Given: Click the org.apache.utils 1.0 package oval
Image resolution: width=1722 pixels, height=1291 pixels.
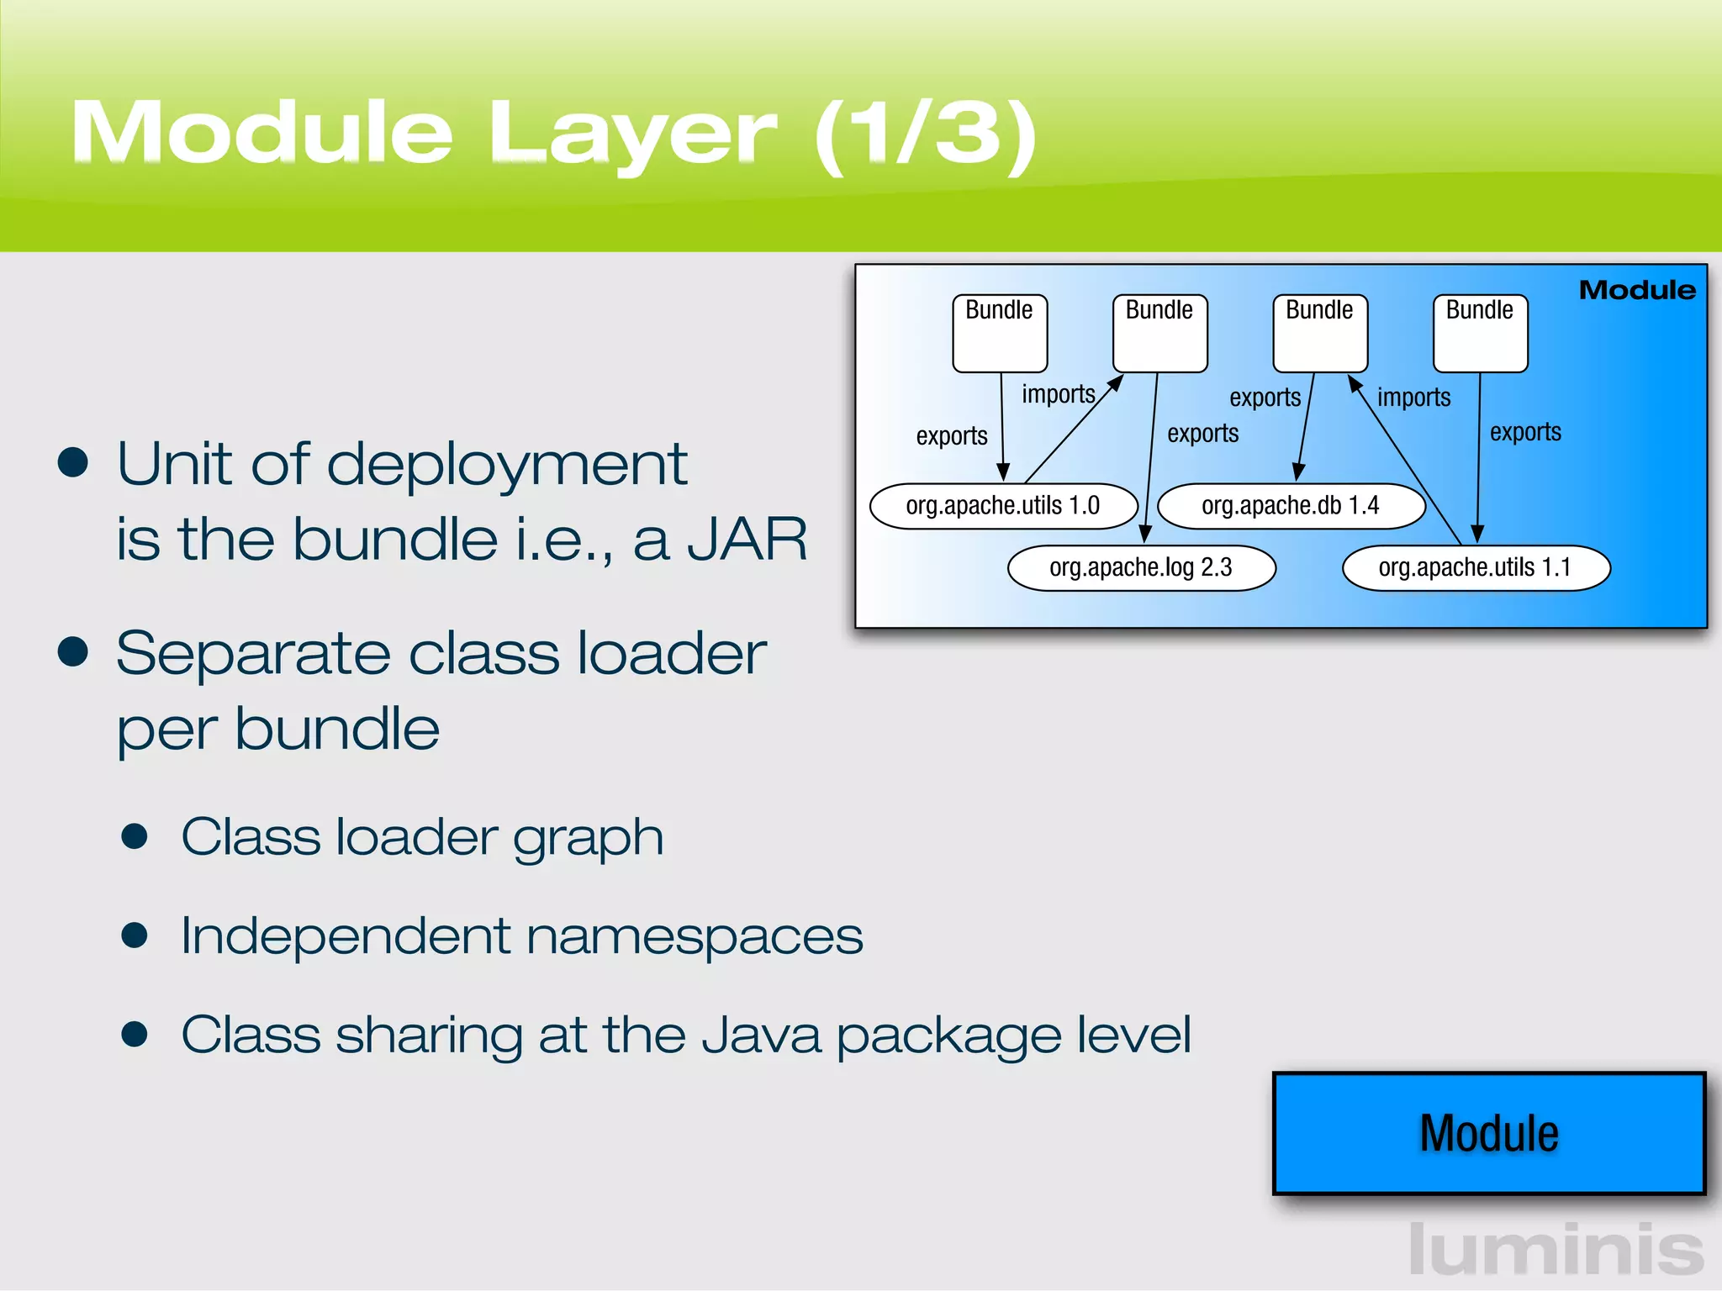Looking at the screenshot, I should pyautogui.click(x=1003, y=506).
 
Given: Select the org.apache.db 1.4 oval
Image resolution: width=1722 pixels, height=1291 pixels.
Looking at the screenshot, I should pyautogui.click(x=1291, y=506).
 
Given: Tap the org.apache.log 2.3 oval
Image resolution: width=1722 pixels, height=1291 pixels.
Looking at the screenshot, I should pyautogui.click(x=1141, y=568).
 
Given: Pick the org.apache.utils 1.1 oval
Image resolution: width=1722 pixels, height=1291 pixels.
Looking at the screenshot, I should pyautogui.click(x=1475, y=568).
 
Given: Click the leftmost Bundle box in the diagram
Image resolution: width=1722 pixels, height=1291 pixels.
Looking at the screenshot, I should pyautogui.click(x=1000, y=334).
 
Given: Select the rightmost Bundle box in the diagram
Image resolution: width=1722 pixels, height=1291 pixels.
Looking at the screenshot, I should pyautogui.click(x=1480, y=334).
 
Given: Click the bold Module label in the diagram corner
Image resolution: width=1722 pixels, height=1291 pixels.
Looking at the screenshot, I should pyautogui.click(x=1637, y=290).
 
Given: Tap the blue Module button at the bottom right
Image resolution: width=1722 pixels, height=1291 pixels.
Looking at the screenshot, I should pyautogui.click(x=1489, y=1133).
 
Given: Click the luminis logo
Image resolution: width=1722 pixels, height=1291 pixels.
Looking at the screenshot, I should pyautogui.click(x=1556, y=1251).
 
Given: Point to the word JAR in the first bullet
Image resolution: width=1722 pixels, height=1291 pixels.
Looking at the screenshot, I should pyautogui.click(x=747, y=540).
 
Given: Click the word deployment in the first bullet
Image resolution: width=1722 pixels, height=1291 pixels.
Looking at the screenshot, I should pyautogui.click(x=507, y=465).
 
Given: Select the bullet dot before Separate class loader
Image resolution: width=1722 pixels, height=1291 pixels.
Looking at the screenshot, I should pyautogui.click(x=74, y=652).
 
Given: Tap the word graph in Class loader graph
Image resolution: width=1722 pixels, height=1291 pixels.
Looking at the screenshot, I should pyautogui.click(x=588, y=838).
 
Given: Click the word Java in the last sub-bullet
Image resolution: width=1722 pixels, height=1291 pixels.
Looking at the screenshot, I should pyautogui.click(x=761, y=1035).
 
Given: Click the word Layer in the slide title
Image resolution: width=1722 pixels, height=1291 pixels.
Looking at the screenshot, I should pyautogui.click(x=632, y=134).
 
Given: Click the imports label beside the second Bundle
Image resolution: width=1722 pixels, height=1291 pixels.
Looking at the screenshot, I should pyautogui.click(x=1059, y=394).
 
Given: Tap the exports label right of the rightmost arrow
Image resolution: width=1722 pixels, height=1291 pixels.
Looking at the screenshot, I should pyautogui.click(x=1525, y=432).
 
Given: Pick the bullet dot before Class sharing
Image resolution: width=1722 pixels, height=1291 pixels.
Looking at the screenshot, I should pyautogui.click(x=135, y=1034).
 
